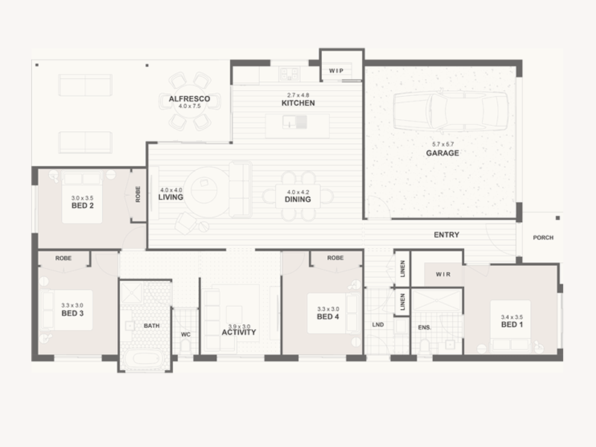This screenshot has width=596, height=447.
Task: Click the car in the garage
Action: [x=451, y=111]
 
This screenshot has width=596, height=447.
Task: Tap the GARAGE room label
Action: [x=443, y=153]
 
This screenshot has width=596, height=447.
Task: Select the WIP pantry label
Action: [x=336, y=71]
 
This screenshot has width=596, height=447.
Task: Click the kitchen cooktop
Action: [x=289, y=73]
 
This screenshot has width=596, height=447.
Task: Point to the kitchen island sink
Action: [x=294, y=122]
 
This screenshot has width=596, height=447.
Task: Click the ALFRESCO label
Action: [x=189, y=99]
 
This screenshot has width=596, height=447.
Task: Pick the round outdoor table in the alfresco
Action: [x=190, y=102]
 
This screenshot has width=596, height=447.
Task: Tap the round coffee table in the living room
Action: [x=204, y=189]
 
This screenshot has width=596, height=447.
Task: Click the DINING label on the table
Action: [x=297, y=199]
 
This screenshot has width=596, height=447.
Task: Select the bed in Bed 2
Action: [x=82, y=197]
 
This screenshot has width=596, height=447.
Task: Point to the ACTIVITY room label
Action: [x=238, y=332]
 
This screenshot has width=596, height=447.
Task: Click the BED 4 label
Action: [x=328, y=317]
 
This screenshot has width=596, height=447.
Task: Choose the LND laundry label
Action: [x=378, y=325]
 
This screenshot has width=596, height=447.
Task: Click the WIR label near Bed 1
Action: [x=443, y=274]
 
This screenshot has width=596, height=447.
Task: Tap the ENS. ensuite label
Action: [x=425, y=327]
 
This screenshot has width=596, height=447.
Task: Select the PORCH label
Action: [x=543, y=238]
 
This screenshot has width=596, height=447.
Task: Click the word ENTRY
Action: [x=446, y=235]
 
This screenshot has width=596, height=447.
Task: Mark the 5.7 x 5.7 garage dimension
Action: [x=443, y=145]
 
